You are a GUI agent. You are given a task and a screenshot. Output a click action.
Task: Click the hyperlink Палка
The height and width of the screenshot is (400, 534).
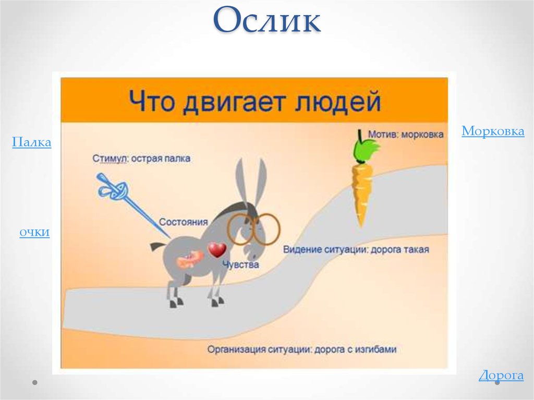point(31,142)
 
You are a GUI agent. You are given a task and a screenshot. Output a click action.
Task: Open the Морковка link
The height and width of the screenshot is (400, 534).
point(492,131)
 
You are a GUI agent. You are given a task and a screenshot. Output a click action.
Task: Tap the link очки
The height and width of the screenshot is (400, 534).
point(34,233)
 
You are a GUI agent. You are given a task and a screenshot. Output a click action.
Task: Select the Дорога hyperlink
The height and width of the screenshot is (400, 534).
point(501,375)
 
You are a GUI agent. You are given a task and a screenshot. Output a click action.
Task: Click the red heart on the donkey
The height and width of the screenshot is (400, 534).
point(216,250)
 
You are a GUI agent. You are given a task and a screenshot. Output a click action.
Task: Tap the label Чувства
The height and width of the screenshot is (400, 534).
point(240,265)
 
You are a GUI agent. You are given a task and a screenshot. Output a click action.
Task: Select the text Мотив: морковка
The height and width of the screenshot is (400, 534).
point(406,135)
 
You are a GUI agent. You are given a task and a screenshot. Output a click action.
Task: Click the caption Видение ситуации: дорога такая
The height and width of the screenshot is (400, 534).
point(356,250)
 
